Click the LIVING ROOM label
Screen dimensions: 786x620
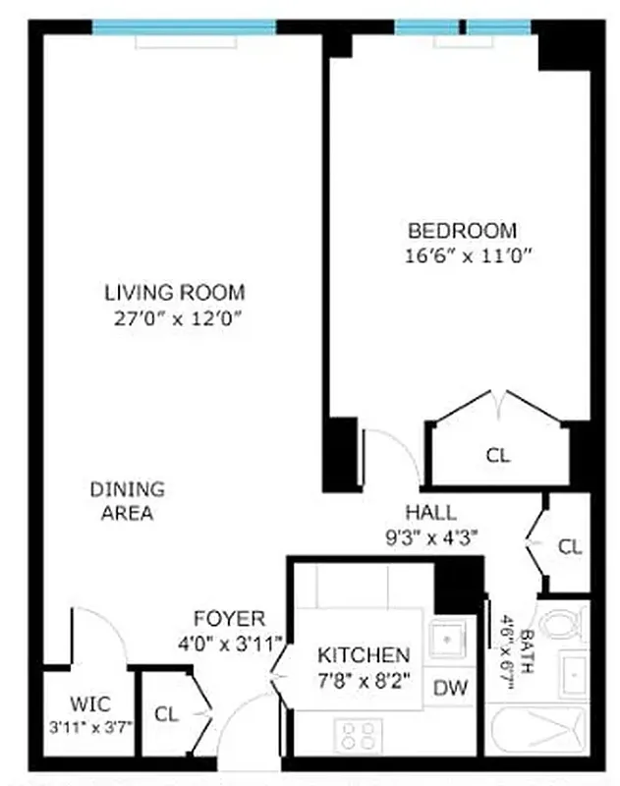tap(175, 292)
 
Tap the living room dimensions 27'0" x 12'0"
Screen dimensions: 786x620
tap(175, 317)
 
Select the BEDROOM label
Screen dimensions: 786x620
tap(462, 231)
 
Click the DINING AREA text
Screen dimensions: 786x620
tap(128, 500)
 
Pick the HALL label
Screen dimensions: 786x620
tap(430, 512)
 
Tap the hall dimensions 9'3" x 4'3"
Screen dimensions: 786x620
tap(430, 536)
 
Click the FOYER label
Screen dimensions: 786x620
tap(229, 619)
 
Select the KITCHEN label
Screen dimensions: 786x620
tap(363, 654)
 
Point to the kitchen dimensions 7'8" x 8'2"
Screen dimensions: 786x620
tap(363, 678)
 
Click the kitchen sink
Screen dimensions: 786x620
tap(448, 640)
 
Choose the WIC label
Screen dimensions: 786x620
tap(89, 704)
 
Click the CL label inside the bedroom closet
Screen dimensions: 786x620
tap(498, 455)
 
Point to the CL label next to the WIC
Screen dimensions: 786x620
tap(167, 714)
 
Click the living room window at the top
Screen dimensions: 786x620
tap(184, 27)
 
